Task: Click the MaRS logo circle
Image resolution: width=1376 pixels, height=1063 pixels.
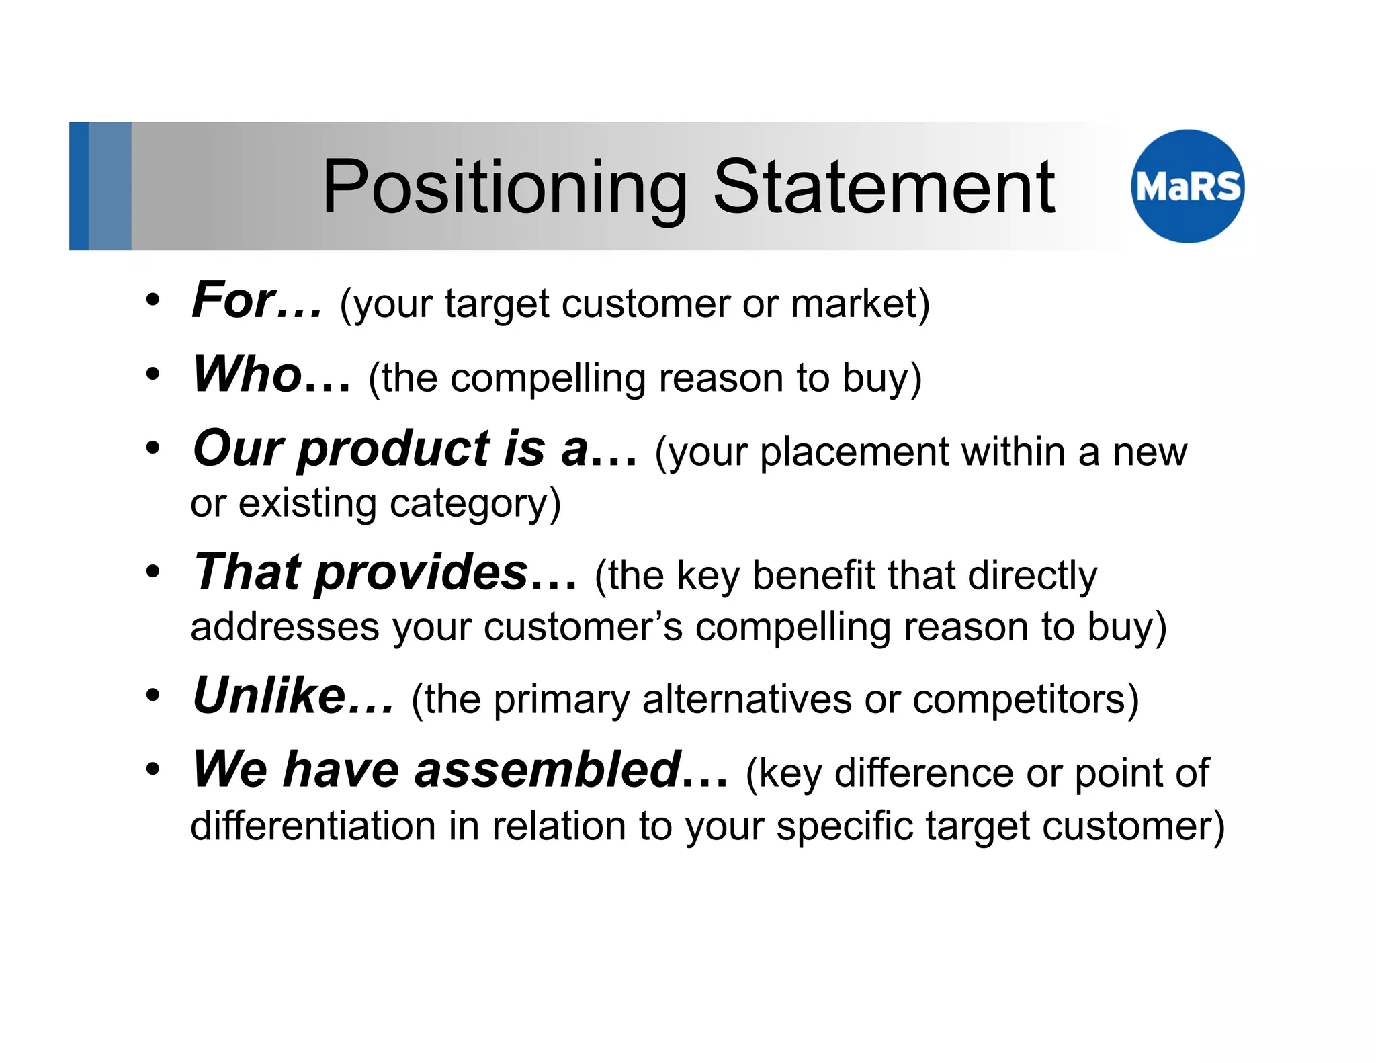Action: point(1187,186)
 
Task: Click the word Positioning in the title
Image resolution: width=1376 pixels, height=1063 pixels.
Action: point(505,188)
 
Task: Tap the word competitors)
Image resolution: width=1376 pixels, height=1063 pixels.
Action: point(1025,699)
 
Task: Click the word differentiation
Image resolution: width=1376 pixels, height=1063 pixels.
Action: point(313,826)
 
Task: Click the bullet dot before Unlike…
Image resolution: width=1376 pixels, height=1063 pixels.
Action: point(153,696)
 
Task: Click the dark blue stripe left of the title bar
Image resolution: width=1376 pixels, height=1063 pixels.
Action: point(79,186)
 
